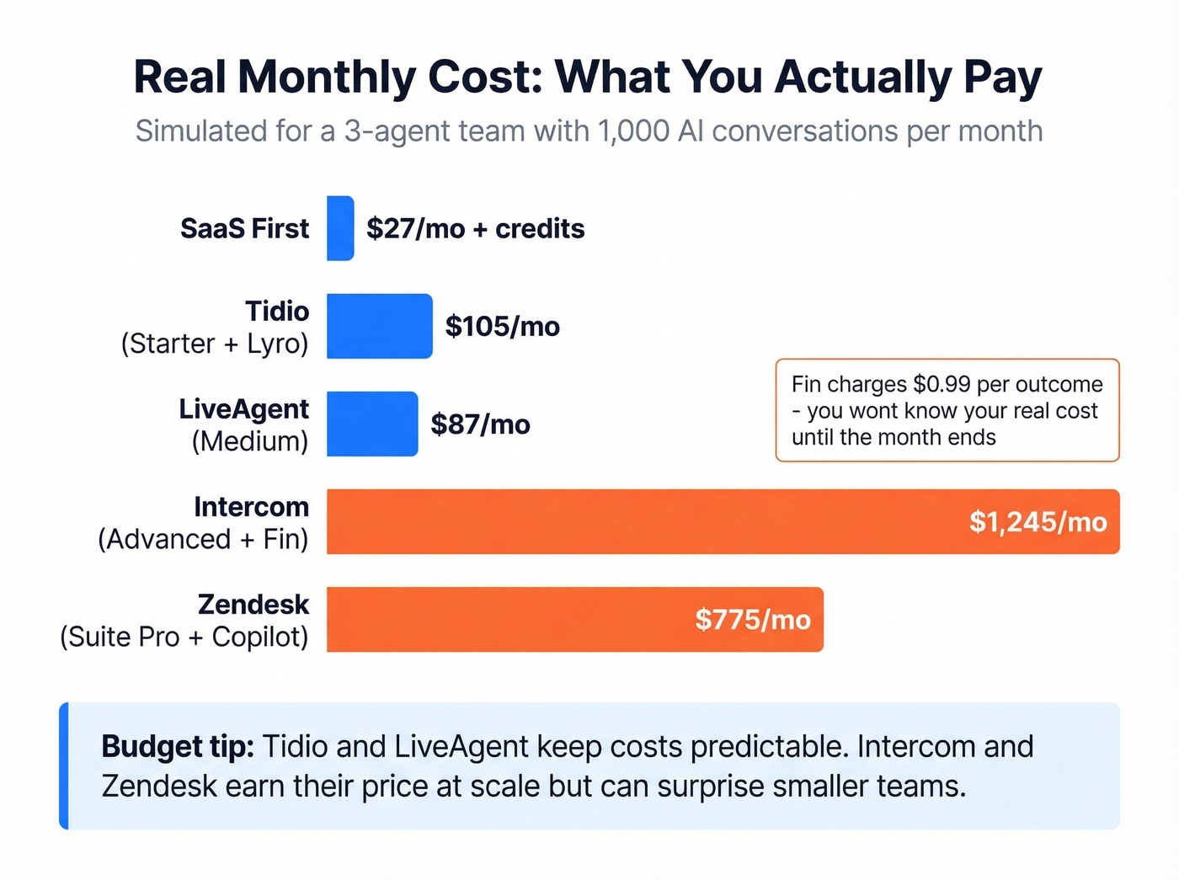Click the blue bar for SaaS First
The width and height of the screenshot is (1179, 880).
340,228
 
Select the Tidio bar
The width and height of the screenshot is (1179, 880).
379,326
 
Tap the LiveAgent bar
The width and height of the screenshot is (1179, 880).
371,424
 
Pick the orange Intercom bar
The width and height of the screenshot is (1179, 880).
640,521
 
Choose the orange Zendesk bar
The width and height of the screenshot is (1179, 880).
505,619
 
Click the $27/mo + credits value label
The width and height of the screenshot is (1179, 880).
475,228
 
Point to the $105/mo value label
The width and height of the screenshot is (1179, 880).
502,326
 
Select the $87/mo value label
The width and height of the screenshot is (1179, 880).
480,424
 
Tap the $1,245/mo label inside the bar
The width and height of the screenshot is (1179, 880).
1038,522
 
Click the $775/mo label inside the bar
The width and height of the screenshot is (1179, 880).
752,620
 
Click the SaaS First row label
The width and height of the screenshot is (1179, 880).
244,228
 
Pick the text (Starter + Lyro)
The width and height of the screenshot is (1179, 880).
215,344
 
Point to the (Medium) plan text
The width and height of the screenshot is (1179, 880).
250,441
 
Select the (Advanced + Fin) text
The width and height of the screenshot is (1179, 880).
203,539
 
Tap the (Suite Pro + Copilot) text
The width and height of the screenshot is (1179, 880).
184,637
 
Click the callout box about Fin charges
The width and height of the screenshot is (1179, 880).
947,410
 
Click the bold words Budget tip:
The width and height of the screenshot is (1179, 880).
178,747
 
